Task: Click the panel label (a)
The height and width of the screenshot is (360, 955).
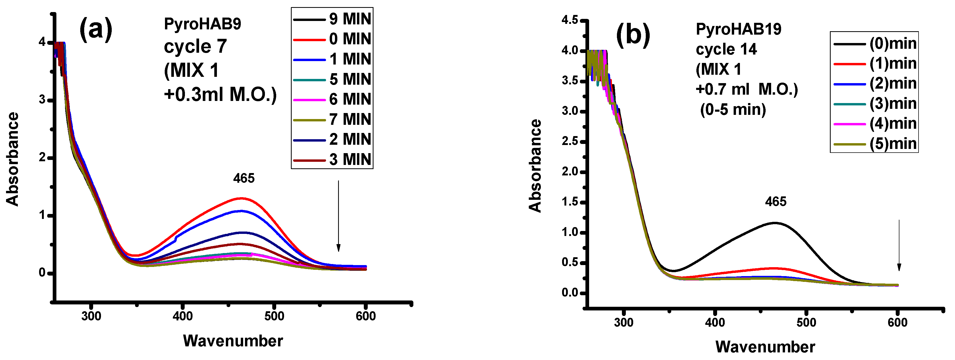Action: point(96,29)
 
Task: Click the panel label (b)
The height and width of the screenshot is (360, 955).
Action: point(633,35)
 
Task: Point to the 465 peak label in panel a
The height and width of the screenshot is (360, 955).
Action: point(244,178)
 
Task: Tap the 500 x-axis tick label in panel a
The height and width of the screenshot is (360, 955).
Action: point(274,316)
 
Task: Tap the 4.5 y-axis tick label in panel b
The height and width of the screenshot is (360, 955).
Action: point(569,20)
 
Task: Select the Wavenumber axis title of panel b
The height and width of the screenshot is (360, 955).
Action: point(765,347)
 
